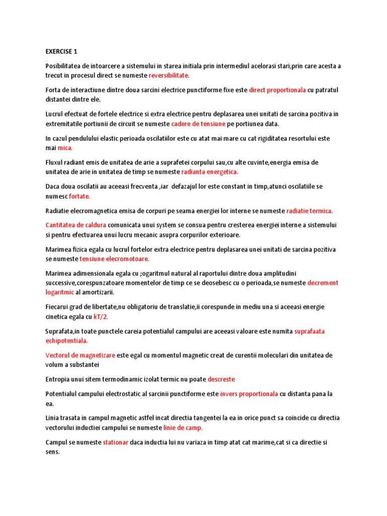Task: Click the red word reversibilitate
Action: click(169, 76)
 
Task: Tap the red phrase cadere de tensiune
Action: click(198, 124)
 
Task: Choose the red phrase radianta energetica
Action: click(209, 172)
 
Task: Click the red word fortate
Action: click(80, 196)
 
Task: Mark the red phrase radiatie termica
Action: click(309, 211)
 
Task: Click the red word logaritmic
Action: click(59, 292)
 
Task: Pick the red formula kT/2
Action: click(101, 317)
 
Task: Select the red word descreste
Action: click(221, 379)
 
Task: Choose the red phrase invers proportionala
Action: click(249, 394)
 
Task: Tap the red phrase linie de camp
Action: click(183, 428)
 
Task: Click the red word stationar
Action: click(116, 442)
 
